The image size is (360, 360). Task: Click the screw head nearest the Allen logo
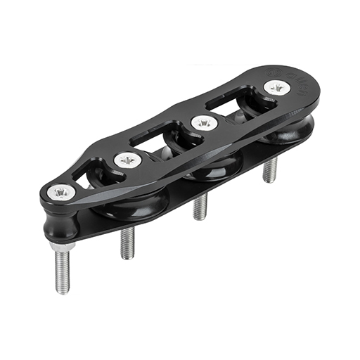(x=276, y=88)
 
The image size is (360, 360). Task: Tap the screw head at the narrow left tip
(x=61, y=191)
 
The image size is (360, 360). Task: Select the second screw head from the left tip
(x=127, y=160)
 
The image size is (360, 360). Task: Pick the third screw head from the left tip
(x=202, y=123)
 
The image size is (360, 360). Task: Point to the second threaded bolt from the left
(x=127, y=243)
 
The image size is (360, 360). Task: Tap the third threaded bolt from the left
(x=200, y=207)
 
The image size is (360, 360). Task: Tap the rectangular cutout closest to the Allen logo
(x=237, y=105)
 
